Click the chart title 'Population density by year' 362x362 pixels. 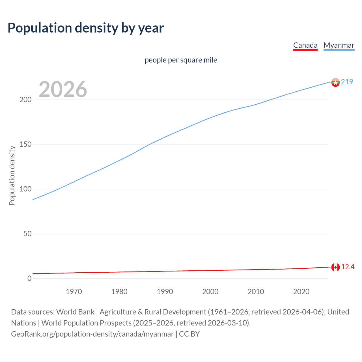click(x=86, y=28)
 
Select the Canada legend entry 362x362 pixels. click(x=305, y=45)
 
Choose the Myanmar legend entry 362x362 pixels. click(x=339, y=45)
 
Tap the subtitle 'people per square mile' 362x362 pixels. click(x=181, y=60)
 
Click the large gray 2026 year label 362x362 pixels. click(x=63, y=89)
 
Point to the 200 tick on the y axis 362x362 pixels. click(x=25, y=100)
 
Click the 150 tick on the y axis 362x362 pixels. click(x=25, y=145)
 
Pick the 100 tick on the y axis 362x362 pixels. click(x=25, y=189)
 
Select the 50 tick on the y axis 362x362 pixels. click(x=27, y=234)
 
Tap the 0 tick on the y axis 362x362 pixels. click(x=29, y=278)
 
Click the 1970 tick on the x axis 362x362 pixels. click(x=74, y=292)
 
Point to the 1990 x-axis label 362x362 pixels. click(x=165, y=292)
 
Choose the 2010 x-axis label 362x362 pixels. click(x=256, y=292)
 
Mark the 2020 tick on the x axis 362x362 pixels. click(x=301, y=292)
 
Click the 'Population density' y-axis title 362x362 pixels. click(x=12, y=175)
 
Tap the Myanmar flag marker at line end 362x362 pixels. click(x=335, y=82)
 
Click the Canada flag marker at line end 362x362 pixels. click(x=335, y=267)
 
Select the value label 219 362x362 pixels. click(x=347, y=82)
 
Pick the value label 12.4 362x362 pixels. click(x=348, y=267)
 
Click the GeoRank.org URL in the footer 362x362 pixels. click(x=92, y=334)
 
